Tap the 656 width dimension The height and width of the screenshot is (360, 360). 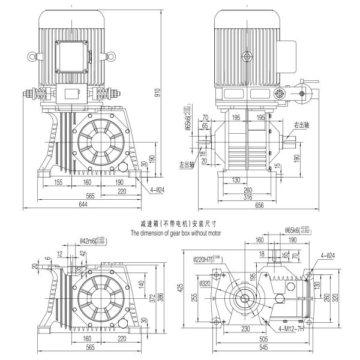[x=259, y=206]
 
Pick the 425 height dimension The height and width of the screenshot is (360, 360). [x=179, y=287]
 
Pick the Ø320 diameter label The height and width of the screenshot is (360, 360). [x=206, y=283]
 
